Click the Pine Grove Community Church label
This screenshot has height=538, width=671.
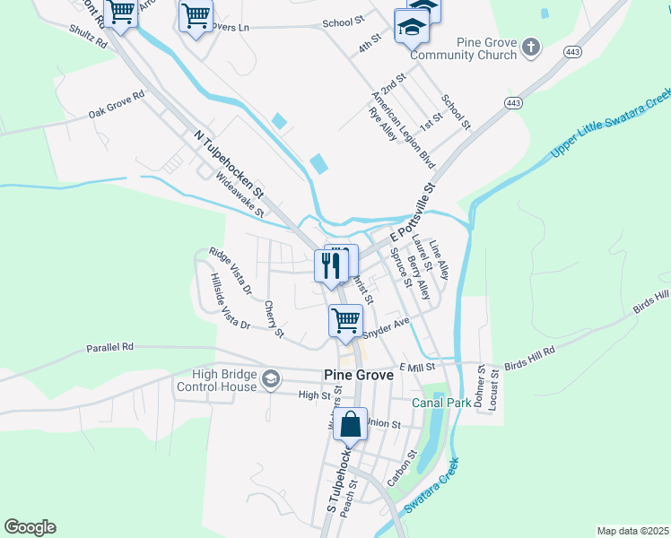(x=463, y=48)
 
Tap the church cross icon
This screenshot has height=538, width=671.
(x=531, y=46)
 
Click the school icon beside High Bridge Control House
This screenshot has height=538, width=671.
(x=270, y=380)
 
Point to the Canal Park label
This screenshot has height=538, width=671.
(x=441, y=403)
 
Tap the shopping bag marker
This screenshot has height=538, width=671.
(x=353, y=425)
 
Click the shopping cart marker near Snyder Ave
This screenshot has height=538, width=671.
(x=345, y=320)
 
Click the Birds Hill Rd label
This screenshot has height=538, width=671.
(x=529, y=356)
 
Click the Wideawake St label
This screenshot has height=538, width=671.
(x=240, y=195)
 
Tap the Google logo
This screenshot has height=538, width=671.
(x=30, y=527)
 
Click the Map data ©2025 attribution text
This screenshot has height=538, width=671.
(x=632, y=531)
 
